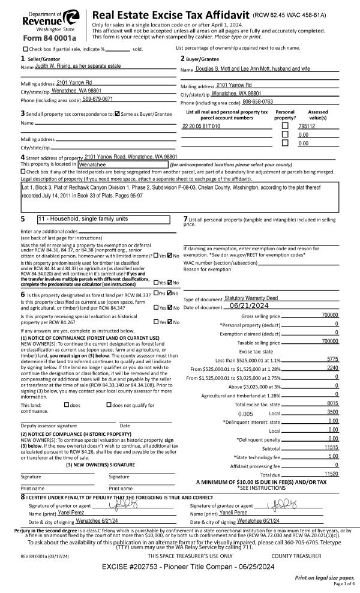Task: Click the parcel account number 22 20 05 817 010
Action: point(201,127)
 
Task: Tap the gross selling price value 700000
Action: point(329,315)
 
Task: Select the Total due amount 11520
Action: point(331,474)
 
